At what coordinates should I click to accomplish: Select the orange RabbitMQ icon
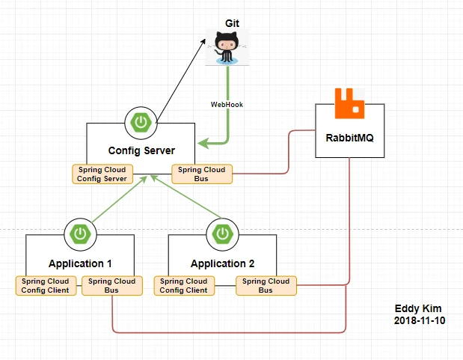[349, 105]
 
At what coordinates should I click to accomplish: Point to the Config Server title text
[141, 151]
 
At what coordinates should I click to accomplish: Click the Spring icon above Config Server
[139, 121]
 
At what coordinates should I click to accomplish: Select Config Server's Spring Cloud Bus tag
[201, 174]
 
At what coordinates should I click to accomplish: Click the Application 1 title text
[80, 263]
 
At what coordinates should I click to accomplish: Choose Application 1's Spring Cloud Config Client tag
[46, 286]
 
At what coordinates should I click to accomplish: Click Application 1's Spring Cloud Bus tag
[111, 286]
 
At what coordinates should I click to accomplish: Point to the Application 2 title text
[222, 263]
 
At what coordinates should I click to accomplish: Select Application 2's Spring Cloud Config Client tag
[184, 286]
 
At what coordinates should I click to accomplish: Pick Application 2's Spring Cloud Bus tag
[266, 286]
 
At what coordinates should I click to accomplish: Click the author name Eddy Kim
[419, 308]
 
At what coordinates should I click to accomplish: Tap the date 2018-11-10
[419, 320]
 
